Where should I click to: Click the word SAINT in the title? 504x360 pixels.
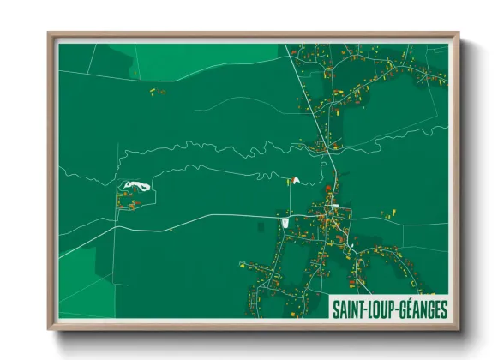(351, 308)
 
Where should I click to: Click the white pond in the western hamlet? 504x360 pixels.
(134, 185)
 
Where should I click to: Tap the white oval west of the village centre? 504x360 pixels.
(284, 225)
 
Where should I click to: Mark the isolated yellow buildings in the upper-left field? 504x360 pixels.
(157, 89)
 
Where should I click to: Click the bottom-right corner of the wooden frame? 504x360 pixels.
(458, 328)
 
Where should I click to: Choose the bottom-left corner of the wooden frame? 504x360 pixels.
(50, 328)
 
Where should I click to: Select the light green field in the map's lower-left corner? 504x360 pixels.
(81, 296)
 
